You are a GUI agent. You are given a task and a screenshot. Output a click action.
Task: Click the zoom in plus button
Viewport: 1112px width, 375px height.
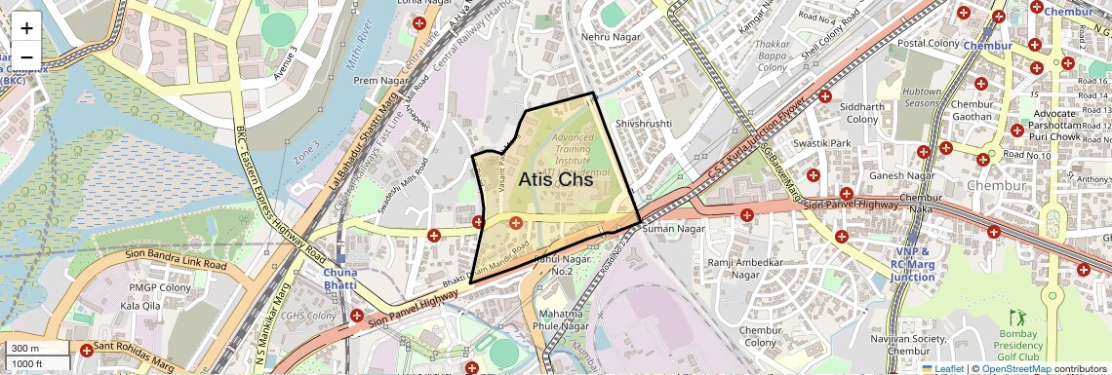[26, 27]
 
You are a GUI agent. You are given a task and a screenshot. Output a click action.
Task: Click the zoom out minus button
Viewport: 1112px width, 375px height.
[26, 56]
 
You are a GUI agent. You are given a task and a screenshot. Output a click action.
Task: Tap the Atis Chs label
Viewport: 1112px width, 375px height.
[555, 180]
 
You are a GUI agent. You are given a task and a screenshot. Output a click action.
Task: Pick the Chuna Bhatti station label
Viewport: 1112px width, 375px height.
[340, 280]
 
